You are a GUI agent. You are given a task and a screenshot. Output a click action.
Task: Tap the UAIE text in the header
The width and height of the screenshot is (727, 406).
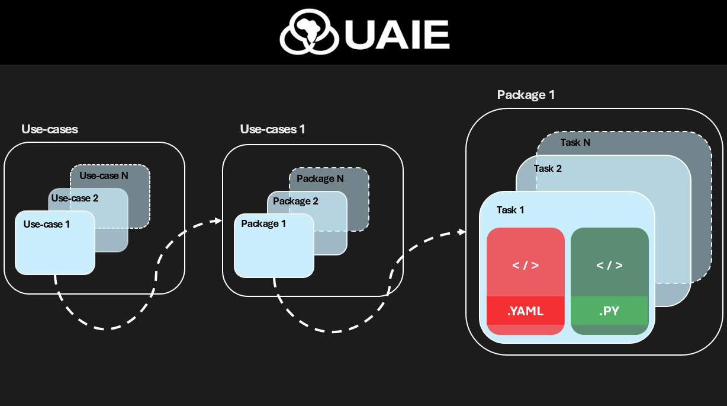(396, 34)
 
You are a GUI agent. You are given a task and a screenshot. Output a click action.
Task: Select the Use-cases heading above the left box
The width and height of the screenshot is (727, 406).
(50, 129)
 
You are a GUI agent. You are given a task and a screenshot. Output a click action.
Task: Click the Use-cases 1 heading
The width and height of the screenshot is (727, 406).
(272, 129)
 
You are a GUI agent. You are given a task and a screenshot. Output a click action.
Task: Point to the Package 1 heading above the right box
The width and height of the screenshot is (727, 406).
(526, 95)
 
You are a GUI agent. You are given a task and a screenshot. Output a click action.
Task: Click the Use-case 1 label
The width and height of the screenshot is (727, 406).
(47, 224)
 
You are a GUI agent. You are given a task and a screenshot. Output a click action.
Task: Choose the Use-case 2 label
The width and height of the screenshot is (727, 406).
(75, 198)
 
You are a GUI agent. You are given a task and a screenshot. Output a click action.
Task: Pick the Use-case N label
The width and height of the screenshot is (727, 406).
(104, 175)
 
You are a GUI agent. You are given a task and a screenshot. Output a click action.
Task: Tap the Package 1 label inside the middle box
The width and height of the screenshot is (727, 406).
(263, 223)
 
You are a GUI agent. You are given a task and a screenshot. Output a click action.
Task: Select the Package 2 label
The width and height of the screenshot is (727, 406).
(295, 202)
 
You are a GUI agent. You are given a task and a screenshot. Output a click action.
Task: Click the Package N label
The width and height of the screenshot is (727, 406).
(320, 178)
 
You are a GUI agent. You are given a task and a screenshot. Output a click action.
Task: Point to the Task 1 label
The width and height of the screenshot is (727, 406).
(510, 210)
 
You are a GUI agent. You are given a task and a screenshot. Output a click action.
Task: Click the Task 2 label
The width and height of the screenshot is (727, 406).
(548, 168)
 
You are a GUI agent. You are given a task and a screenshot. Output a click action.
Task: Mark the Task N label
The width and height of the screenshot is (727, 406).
(575, 142)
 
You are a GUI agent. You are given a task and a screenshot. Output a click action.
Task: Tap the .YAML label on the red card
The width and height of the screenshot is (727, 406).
(525, 311)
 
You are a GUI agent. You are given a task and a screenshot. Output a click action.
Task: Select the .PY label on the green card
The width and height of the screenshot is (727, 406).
(609, 311)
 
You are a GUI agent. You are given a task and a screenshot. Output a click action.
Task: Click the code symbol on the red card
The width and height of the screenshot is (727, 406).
(525, 265)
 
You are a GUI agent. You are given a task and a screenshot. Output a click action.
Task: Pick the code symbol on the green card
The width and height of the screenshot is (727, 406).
(609, 265)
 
